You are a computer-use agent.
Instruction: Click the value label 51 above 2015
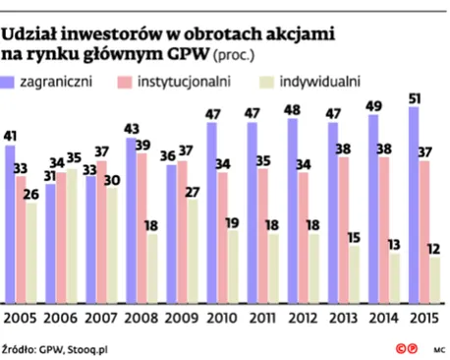[x=414, y=97]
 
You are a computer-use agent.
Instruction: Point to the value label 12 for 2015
[x=434, y=250]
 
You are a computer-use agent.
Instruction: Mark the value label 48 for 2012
[x=292, y=109]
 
